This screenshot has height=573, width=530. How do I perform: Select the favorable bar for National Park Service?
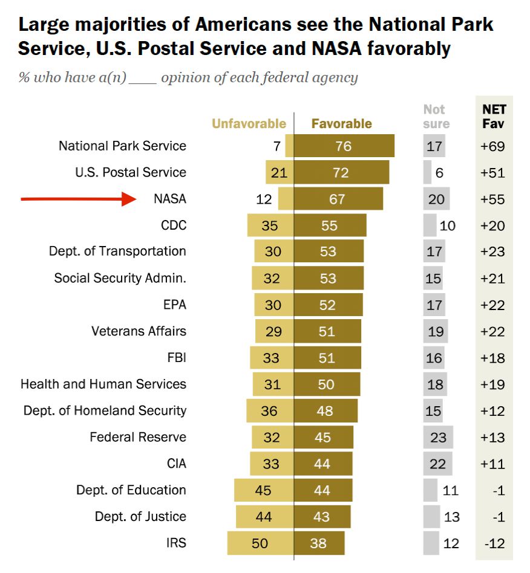(x=344, y=146)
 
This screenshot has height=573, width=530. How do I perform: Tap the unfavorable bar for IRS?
(x=260, y=543)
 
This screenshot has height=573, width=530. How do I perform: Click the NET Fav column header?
(x=494, y=117)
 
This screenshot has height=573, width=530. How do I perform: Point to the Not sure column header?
(x=436, y=117)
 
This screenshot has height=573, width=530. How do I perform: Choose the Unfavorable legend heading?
(x=249, y=124)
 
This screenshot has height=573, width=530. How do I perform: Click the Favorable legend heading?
(x=341, y=124)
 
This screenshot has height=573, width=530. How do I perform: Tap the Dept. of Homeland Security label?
(x=105, y=410)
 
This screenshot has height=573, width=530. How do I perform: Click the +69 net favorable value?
(x=492, y=146)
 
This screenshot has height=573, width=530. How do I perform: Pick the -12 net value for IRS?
(x=494, y=543)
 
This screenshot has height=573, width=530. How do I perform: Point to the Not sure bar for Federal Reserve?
(x=438, y=437)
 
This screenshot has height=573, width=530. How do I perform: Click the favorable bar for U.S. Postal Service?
(x=341, y=173)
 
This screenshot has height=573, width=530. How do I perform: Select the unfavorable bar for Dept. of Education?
(x=264, y=490)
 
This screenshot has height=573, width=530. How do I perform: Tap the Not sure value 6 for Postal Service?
(x=439, y=173)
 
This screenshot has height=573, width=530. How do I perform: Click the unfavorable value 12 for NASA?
(x=264, y=199)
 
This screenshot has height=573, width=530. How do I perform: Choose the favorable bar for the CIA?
(x=322, y=464)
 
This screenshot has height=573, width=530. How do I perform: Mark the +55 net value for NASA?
(x=492, y=199)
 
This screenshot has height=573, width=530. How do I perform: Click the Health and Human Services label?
(x=103, y=384)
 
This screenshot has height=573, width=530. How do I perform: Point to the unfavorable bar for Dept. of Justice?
(x=264, y=517)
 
